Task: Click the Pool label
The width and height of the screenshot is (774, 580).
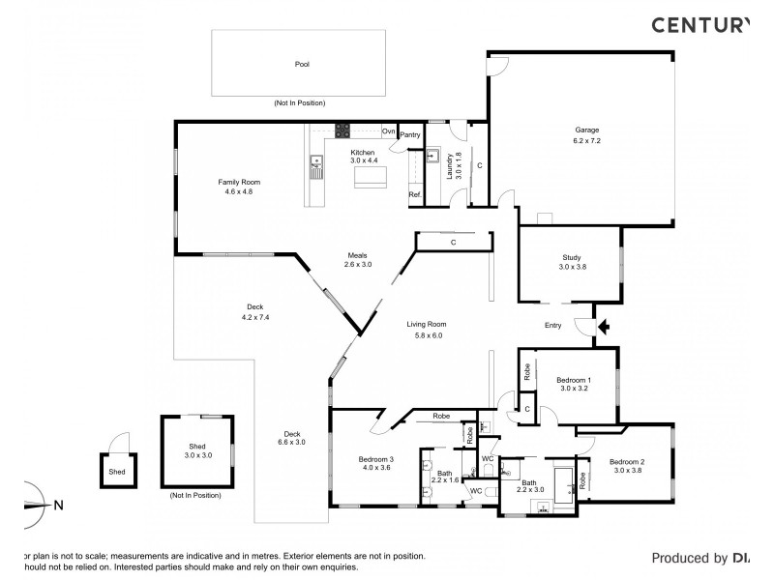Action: click(x=303, y=65)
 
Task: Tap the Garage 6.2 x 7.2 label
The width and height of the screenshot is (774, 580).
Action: click(x=587, y=134)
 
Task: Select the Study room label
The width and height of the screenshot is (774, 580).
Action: click(x=571, y=262)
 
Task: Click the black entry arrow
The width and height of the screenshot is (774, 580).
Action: click(x=604, y=327)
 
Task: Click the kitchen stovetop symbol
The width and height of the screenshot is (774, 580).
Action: click(x=342, y=130)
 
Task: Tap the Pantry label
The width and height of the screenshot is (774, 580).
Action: click(x=409, y=135)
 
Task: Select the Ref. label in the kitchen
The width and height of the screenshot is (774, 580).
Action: click(x=414, y=195)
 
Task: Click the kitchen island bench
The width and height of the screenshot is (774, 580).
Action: click(x=369, y=177)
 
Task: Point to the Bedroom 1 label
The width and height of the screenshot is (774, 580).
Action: click(x=575, y=385)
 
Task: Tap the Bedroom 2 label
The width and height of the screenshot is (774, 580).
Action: click(x=628, y=467)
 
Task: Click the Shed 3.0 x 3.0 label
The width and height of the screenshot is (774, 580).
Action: click(x=196, y=449)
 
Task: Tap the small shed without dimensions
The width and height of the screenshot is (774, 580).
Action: click(x=117, y=471)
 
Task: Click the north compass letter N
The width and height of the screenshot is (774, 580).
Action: click(x=58, y=504)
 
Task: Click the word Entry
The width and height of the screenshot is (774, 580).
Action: click(x=552, y=326)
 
